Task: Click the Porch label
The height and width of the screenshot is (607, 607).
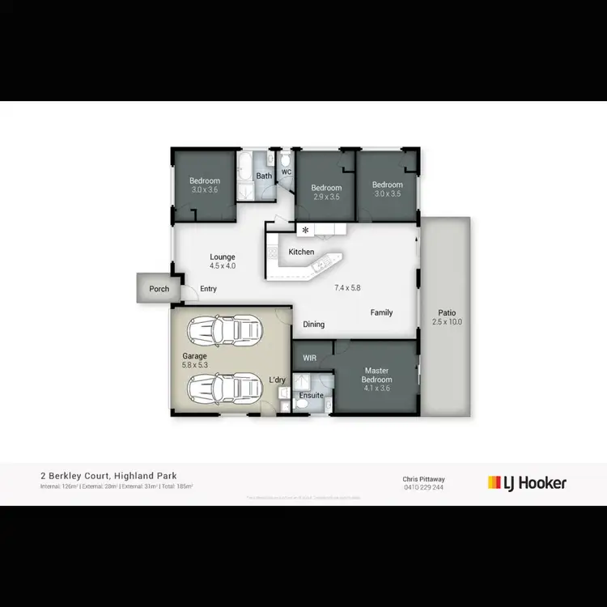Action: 159,289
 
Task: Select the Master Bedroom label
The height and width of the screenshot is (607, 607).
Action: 377,375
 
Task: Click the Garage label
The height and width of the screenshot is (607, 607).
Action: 194,355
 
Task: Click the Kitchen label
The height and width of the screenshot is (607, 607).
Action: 301,253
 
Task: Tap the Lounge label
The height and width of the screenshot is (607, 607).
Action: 222,257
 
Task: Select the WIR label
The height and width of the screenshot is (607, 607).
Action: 310,357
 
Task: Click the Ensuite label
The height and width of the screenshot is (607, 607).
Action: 312,395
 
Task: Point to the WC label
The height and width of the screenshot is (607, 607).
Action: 287,172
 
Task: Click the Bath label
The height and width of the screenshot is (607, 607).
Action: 264,176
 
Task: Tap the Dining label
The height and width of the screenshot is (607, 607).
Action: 314,325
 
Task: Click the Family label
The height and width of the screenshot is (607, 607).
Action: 382,312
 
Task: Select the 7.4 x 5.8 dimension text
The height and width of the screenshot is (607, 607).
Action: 349,287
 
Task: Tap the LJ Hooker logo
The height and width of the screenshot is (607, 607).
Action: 527,483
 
